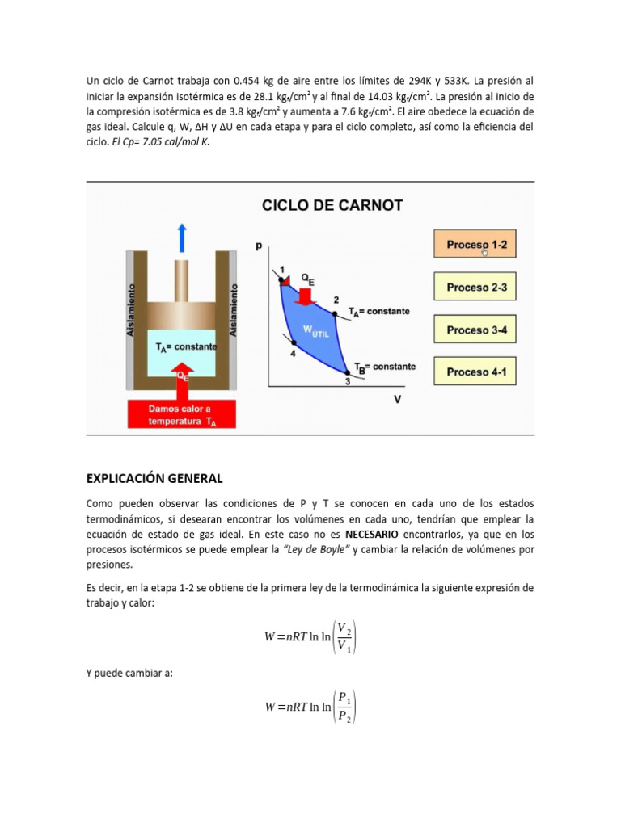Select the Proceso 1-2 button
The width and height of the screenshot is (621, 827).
pos(476,245)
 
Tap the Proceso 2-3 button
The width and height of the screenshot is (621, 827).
pos(476,287)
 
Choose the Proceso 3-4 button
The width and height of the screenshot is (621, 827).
pos(476,330)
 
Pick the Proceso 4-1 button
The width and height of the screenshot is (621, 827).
pos(476,372)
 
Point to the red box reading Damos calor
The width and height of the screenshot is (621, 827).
pos(182,413)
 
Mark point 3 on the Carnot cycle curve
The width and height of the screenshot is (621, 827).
pos(348,374)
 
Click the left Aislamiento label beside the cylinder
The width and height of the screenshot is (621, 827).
pos(133,309)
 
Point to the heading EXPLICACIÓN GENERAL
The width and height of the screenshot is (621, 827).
pos(154,478)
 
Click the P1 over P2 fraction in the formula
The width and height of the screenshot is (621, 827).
pos(344,707)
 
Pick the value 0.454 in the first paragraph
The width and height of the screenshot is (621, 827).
pos(247,81)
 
